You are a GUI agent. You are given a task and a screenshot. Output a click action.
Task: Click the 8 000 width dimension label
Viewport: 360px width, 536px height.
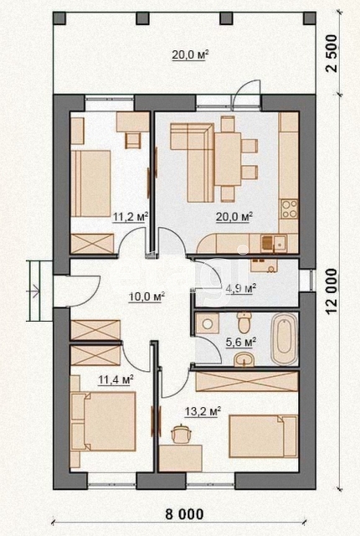click(184, 514)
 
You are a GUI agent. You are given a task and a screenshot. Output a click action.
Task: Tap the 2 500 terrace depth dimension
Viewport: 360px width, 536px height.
click(332, 54)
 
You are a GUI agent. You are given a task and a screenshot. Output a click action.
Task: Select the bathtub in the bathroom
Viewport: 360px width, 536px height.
click(284, 339)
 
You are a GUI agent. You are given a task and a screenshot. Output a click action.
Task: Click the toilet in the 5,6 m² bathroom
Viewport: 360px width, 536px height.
click(244, 322)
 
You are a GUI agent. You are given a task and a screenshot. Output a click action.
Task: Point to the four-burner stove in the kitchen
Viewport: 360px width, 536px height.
click(289, 209)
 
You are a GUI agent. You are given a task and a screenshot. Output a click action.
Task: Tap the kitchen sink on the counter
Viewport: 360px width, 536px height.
click(275, 243)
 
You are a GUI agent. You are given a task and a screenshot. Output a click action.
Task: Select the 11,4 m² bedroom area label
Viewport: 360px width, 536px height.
click(116, 379)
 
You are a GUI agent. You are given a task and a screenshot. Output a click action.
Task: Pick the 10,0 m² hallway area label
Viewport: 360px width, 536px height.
click(147, 296)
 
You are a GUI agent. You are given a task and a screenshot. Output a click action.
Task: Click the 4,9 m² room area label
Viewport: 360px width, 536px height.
click(241, 288)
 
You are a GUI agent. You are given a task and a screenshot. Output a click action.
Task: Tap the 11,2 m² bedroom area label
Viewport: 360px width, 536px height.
click(131, 217)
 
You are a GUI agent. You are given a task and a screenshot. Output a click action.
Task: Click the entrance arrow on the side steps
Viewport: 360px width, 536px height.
click(34, 291)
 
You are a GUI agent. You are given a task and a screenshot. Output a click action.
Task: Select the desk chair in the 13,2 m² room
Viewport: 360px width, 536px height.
click(181, 434)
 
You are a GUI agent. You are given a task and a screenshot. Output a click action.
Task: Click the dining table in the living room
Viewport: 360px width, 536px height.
click(228, 159)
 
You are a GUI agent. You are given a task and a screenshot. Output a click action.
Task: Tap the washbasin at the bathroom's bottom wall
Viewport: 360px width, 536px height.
click(244, 359)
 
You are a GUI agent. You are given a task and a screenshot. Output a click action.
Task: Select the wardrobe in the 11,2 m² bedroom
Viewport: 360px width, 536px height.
click(92, 244)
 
